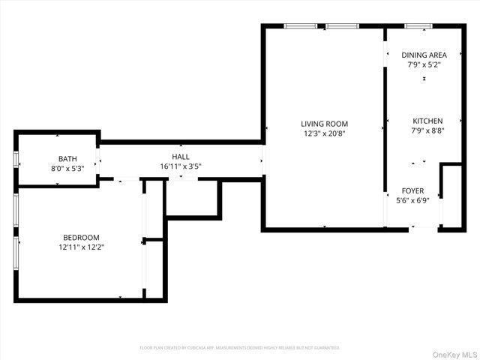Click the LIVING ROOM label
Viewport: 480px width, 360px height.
tap(324, 124)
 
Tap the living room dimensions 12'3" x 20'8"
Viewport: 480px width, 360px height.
tap(324, 133)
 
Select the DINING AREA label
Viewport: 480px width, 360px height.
tap(424, 55)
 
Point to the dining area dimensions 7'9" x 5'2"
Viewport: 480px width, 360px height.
tap(424, 64)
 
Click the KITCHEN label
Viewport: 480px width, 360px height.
tap(427, 121)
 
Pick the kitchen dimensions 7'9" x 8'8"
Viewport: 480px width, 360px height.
tap(427, 130)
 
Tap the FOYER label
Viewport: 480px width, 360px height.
tap(412, 190)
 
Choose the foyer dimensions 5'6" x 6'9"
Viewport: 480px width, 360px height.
tap(412, 200)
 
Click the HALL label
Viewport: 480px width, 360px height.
tap(180, 156)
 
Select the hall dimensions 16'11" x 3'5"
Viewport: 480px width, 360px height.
tap(180, 166)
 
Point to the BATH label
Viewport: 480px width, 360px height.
tap(67, 158)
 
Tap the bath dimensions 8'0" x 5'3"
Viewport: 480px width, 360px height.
tap(67, 168)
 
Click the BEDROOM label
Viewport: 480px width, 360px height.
tap(80, 237)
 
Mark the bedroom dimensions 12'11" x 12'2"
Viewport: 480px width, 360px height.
tap(80, 247)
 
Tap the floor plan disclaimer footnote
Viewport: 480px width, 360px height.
tap(240, 348)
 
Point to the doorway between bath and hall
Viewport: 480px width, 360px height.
tap(99, 160)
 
